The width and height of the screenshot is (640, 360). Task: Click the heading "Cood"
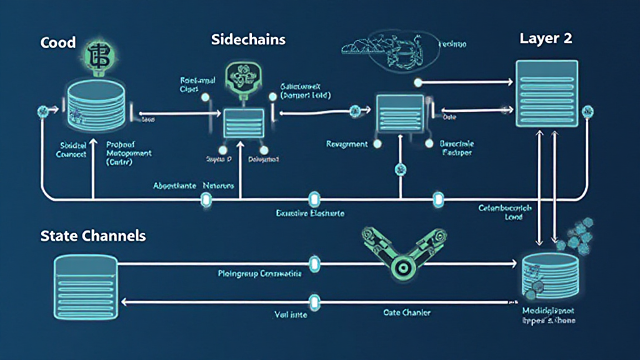pos(58,43)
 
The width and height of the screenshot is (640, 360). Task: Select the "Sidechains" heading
pos(249,40)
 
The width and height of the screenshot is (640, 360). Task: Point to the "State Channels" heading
pos(93,236)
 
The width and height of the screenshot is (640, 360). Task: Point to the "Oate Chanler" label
pos(406,312)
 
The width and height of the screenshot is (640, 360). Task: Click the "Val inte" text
pos(291,315)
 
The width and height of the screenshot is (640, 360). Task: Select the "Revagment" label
pos(347,144)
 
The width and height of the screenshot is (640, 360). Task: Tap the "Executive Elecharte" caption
pos(310,213)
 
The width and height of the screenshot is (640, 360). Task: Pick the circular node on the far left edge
pos(42,111)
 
